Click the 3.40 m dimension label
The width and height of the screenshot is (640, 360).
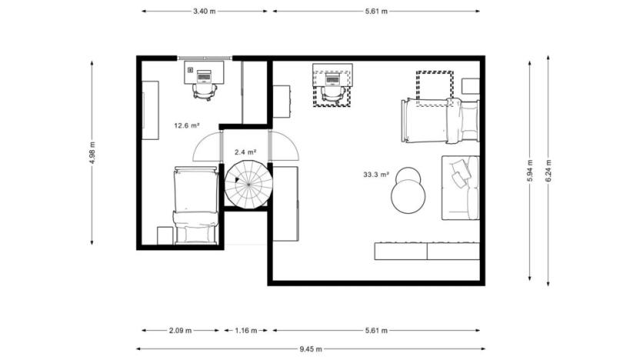click(204, 12)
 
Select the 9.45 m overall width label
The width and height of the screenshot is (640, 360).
click(311, 349)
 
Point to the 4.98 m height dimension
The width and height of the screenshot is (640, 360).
click(92, 152)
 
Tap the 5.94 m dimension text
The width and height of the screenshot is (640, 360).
click(529, 171)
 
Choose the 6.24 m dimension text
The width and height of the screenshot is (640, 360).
click(548, 171)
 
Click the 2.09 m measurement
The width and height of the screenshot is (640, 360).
click(181, 331)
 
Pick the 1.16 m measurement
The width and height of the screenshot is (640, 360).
click(246, 331)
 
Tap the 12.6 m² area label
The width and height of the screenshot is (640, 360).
click(186, 125)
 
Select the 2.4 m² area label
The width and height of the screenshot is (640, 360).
click(245, 152)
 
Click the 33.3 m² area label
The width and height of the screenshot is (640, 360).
click(376, 175)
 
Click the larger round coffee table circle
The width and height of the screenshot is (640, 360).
click(408, 198)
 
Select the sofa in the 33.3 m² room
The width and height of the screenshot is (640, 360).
click(460, 187)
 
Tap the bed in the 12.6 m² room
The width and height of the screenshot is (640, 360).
click(195, 204)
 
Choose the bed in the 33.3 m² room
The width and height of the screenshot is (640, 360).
click(439, 121)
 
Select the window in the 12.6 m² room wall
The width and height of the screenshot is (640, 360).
click(205, 58)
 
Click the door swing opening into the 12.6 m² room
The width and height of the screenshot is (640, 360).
click(206, 145)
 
